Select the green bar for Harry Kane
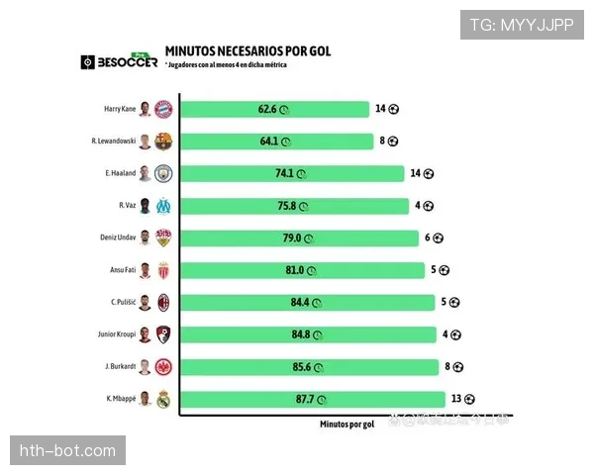pos(273,109)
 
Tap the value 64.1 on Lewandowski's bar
pos(270,142)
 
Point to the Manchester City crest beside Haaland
pos(163,174)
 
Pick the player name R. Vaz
pos(127,206)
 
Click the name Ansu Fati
pos(120,270)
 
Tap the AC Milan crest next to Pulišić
pos(163,303)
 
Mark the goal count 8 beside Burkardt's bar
pos(447,367)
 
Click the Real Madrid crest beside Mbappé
pos(163,399)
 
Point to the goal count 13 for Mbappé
pos(457,399)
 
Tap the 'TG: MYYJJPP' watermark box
pos(522,24)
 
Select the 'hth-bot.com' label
pos(67,451)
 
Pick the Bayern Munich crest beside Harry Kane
pos(163,109)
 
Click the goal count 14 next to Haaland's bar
pos(416,174)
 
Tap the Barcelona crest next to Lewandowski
pos(163,142)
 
